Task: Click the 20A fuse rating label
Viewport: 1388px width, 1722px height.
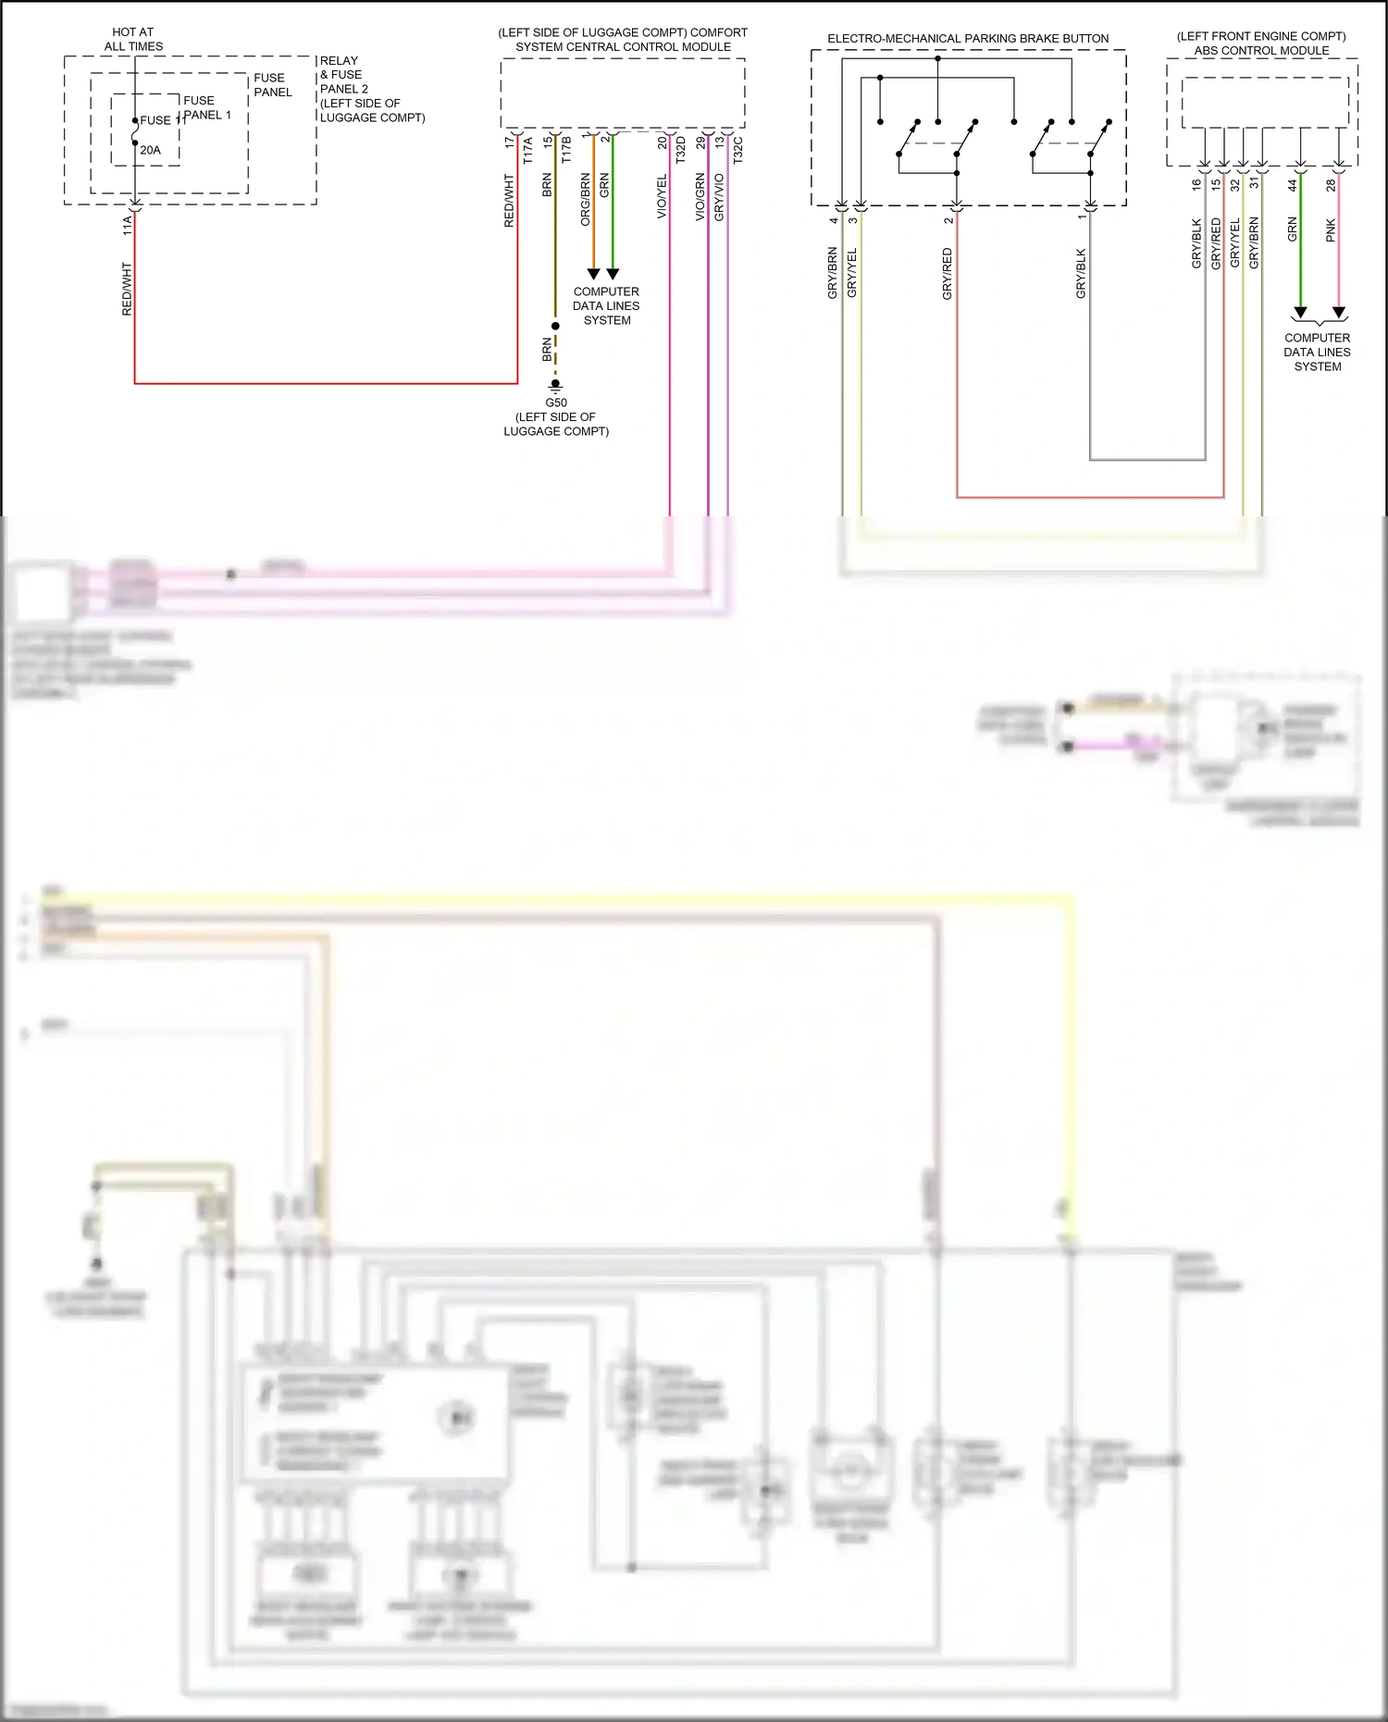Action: [x=150, y=150]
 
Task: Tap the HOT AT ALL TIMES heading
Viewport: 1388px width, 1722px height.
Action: [x=133, y=39]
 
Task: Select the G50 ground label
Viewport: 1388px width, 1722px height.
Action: [x=555, y=403]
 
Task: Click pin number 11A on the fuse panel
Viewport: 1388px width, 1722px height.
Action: [x=127, y=225]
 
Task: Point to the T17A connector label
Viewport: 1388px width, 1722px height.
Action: [x=528, y=151]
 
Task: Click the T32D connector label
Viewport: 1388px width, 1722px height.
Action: [x=681, y=150]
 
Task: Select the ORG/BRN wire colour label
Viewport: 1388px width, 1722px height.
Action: [x=585, y=199]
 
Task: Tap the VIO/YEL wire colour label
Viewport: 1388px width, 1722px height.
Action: [x=662, y=196]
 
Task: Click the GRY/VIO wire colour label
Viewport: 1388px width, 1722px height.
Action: [x=719, y=196]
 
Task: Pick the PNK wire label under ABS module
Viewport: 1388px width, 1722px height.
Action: [x=1331, y=230]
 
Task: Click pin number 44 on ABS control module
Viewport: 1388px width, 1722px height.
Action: [x=1293, y=185]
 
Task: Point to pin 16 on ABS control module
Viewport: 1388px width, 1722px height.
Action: [x=1196, y=184]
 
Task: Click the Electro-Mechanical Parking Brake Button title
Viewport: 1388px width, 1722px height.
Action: [x=968, y=39]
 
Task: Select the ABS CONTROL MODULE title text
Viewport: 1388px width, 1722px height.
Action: [x=1261, y=50]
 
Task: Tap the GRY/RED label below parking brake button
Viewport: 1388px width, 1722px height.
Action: [x=947, y=274]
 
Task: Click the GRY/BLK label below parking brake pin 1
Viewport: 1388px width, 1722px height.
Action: [x=1081, y=274]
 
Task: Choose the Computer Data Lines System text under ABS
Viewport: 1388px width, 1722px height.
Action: [x=1317, y=352]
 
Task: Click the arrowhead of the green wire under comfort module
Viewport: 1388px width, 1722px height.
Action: [x=612, y=274]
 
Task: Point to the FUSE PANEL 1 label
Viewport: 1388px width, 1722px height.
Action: [x=206, y=107]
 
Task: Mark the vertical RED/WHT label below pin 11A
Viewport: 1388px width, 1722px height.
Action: [x=127, y=289]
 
